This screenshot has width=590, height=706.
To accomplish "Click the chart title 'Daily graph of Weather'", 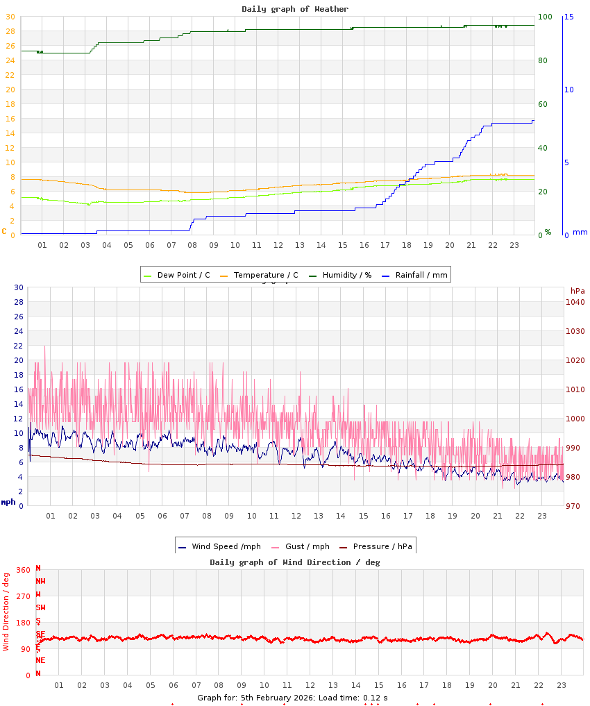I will (295, 9).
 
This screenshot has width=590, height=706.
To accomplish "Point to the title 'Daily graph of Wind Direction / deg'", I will (295, 562).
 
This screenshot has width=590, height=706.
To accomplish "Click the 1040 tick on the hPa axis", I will (575, 302).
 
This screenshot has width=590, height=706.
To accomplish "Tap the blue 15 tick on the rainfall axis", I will (568, 17).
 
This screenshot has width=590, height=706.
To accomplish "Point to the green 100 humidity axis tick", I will (545, 17).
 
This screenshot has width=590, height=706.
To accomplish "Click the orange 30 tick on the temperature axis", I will (10, 17).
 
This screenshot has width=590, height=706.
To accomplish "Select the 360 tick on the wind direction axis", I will (23, 570).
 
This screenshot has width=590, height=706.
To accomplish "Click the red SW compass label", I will (40, 607).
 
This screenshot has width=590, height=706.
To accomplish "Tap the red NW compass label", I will (40, 581).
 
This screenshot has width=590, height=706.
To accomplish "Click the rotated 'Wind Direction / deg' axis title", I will (6, 612).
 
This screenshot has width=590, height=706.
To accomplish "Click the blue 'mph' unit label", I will (8, 502).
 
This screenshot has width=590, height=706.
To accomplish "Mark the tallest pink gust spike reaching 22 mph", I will (45, 346).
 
